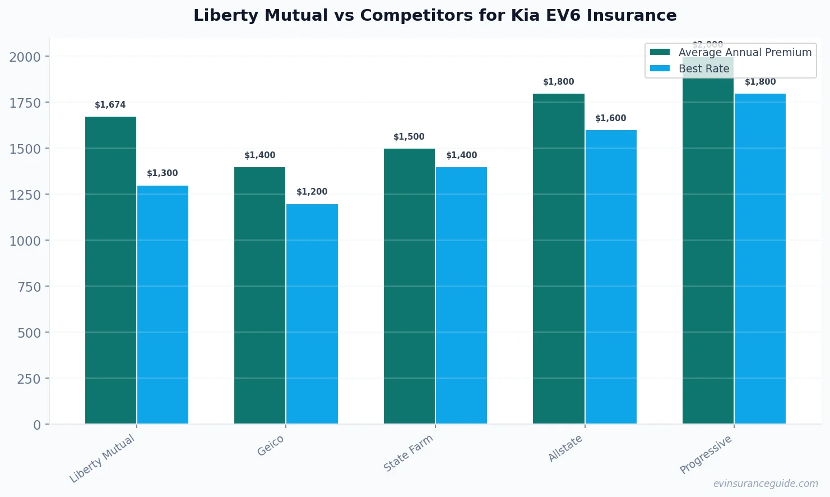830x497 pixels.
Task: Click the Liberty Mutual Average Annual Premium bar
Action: click(x=110, y=270)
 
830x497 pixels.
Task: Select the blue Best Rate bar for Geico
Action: click(x=312, y=314)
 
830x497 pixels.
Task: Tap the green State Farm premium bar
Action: click(x=409, y=286)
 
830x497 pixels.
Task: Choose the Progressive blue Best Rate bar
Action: click(x=760, y=259)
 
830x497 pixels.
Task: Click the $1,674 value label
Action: click(x=110, y=105)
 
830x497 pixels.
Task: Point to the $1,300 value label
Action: click(x=163, y=173)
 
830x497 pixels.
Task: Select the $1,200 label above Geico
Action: click(x=312, y=192)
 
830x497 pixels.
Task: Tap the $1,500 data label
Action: click(x=409, y=137)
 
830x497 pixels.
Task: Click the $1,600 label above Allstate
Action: click(x=611, y=118)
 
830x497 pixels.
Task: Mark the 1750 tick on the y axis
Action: click(x=25, y=103)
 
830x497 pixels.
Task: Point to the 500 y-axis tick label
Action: click(x=29, y=333)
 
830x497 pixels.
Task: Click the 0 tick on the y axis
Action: click(x=37, y=425)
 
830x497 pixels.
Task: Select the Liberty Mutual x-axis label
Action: click(x=103, y=458)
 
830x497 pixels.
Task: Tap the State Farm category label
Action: click(x=409, y=453)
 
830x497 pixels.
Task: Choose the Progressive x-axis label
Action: click(x=706, y=454)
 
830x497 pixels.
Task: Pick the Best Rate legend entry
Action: click(x=704, y=68)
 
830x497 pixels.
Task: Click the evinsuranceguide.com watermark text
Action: click(x=766, y=484)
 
